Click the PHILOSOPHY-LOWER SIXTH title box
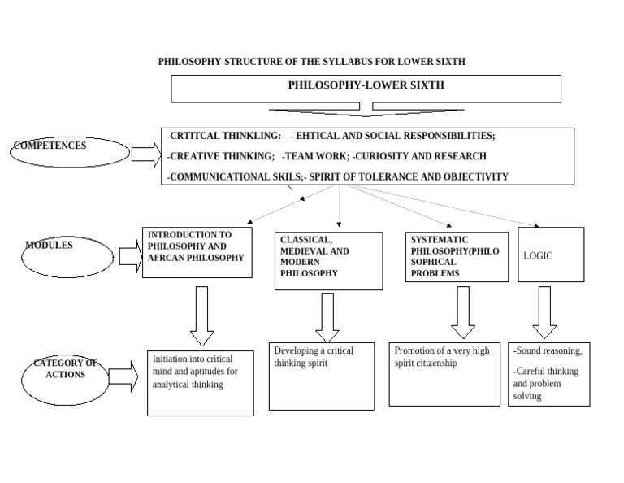pos(366,88)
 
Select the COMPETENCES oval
pos(71,152)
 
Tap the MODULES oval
pos(67,255)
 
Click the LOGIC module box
pos(551,255)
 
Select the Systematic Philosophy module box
pos(457,257)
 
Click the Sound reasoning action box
pos(548,374)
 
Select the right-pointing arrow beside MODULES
pos(130,256)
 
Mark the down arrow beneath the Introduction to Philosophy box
pos(201,315)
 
